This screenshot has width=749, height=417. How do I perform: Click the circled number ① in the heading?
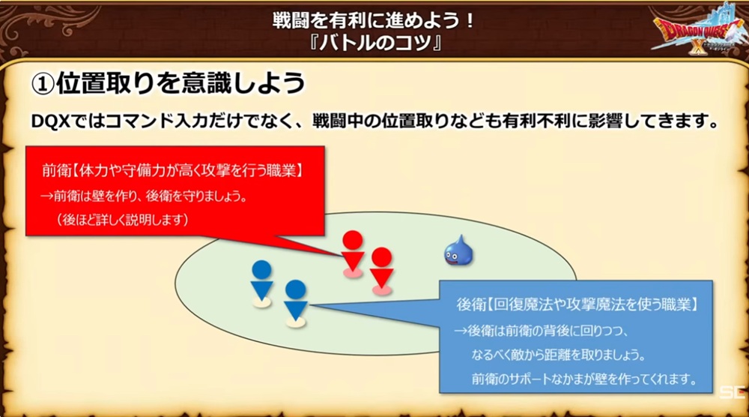[43, 85]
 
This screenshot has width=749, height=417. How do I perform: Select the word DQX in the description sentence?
[51, 121]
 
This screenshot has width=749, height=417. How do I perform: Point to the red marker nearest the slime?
[382, 271]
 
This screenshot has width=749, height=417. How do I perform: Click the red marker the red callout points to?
[353, 254]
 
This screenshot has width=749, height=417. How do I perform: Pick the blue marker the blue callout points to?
[295, 304]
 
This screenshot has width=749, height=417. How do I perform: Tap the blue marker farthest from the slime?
[261, 283]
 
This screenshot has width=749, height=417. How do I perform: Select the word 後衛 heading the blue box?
[471, 304]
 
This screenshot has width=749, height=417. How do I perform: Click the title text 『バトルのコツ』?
[374, 43]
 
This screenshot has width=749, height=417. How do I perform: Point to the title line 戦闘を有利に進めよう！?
[374, 19]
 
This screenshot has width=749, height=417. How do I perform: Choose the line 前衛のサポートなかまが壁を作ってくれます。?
[584, 379]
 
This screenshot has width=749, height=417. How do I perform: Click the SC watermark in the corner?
[733, 393]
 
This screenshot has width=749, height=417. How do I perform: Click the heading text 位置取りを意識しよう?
[181, 84]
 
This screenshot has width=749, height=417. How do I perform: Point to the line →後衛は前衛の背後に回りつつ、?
[542, 331]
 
